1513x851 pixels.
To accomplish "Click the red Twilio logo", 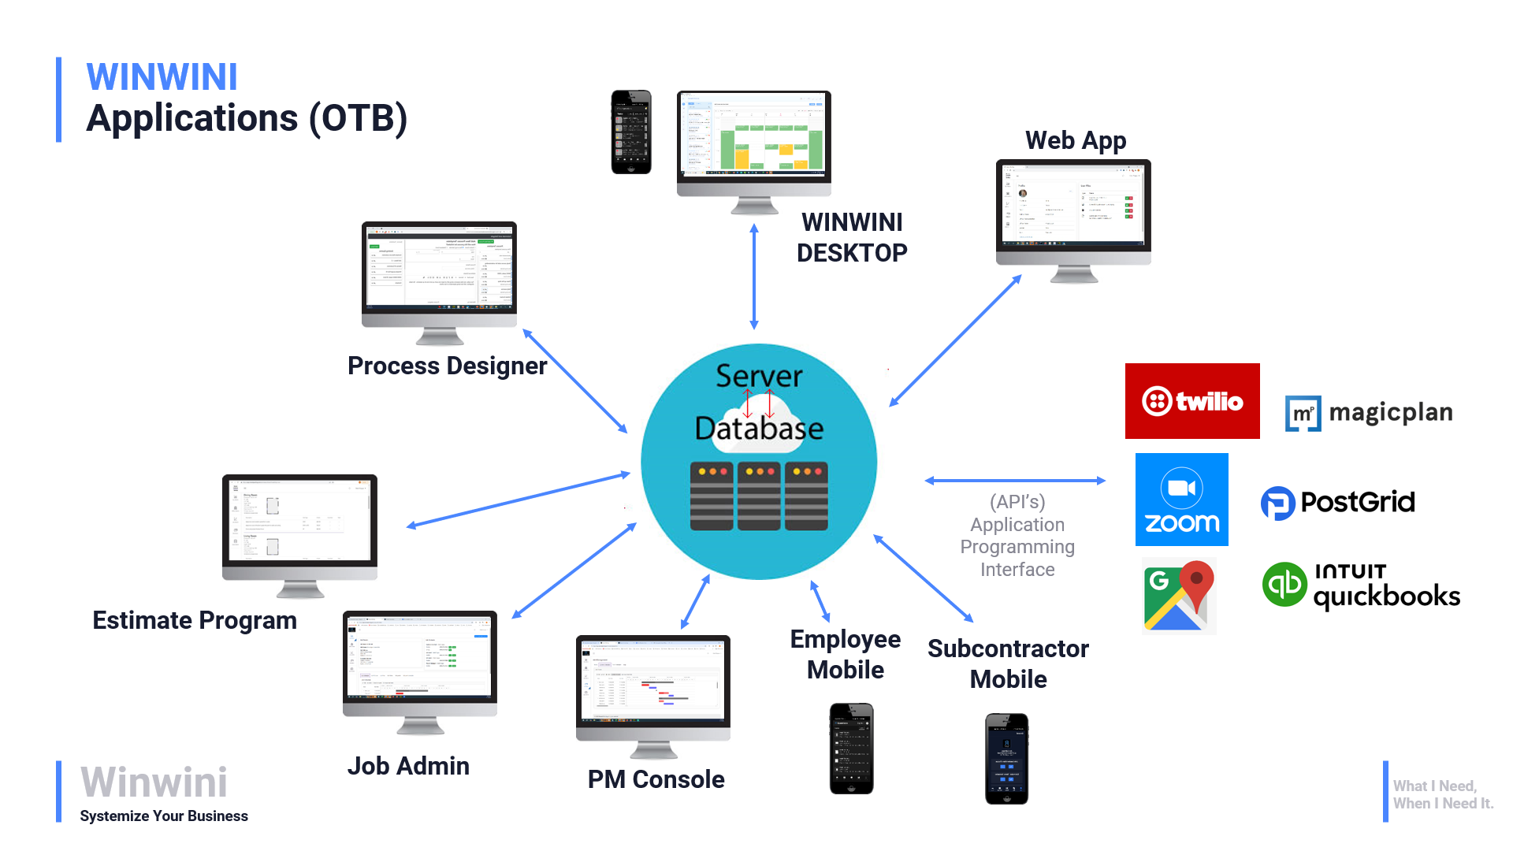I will (1191, 401).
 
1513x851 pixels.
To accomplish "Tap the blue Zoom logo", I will (1181, 500).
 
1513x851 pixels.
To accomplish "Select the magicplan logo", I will (1369, 413).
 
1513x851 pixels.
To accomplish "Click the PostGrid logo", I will (1338, 503).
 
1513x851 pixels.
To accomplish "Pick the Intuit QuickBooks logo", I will (1361, 585).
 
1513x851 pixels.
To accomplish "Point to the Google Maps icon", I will (1179, 596).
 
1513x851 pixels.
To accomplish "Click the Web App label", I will (1075, 140).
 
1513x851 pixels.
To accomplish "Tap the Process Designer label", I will (447, 366).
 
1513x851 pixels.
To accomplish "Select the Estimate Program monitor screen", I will (299, 520).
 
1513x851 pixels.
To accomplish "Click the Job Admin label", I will (408, 766).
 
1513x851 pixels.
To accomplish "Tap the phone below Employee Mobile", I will (851, 749).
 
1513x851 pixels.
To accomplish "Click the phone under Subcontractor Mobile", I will (1006, 758).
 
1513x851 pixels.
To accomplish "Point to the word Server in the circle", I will (758, 376).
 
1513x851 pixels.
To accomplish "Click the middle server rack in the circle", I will (758, 496).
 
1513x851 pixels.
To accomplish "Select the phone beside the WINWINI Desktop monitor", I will (631, 132).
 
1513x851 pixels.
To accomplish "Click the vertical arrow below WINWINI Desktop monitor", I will (754, 276).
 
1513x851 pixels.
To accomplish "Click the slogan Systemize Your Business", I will (164, 816).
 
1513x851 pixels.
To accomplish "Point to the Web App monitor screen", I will (1073, 205).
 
